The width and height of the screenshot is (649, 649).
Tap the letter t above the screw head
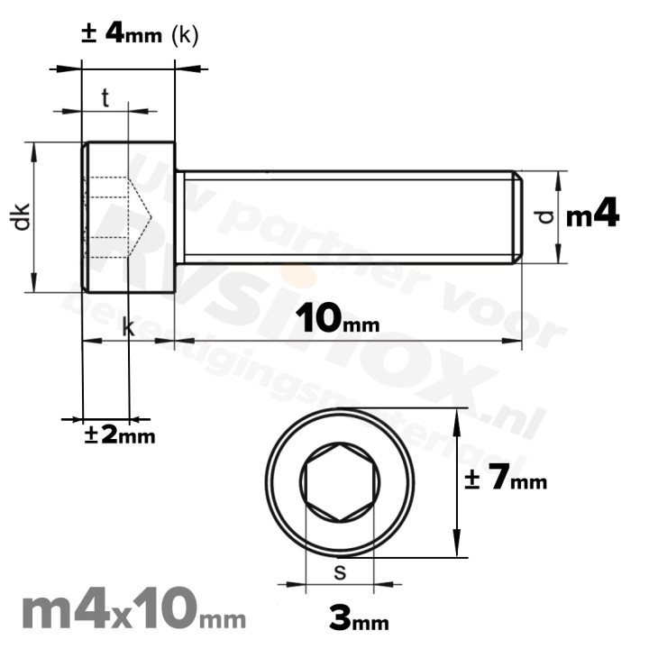point(105,99)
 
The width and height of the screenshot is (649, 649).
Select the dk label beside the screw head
point(22,216)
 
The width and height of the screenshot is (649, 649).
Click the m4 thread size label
point(592,215)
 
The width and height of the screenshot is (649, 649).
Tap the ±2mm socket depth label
point(119,434)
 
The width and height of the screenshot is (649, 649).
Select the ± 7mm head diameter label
point(505,480)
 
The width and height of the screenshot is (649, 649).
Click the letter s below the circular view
point(340,571)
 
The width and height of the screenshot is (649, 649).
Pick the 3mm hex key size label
point(359,618)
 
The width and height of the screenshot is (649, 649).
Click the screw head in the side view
point(128,216)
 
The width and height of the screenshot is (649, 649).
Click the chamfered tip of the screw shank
point(517,216)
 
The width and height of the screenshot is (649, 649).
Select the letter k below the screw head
point(128,328)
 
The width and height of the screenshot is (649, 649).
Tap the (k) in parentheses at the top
point(184,35)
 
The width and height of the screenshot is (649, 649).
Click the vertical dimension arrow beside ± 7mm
point(459,482)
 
